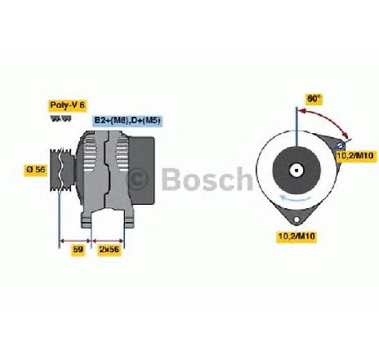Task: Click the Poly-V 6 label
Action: [68, 105]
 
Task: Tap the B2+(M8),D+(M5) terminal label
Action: [127, 120]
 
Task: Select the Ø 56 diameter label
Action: [36, 169]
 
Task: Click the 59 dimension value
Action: [78, 250]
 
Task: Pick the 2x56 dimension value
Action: [109, 250]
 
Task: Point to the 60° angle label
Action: [314, 99]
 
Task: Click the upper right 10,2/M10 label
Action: [357, 156]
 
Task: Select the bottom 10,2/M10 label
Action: [297, 236]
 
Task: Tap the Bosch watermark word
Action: [207, 179]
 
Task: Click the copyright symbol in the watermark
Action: [138, 179]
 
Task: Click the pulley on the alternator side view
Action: [62, 169]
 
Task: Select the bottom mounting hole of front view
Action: [296, 220]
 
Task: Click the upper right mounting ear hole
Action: [341, 144]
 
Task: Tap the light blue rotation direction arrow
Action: [296, 198]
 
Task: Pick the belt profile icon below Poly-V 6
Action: [61, 118]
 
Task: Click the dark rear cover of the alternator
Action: [141, 171]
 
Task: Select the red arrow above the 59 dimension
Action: [74, 241]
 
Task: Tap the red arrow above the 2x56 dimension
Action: [108, 241]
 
